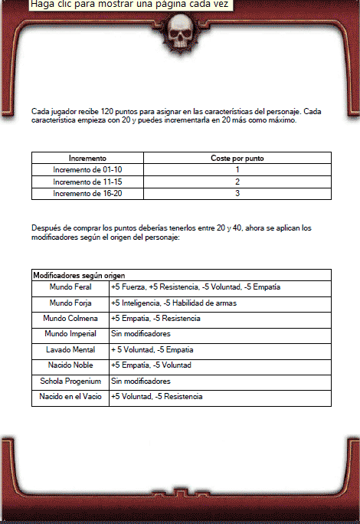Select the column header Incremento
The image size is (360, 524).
tap(87, 157)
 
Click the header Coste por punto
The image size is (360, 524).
tap(237, 157)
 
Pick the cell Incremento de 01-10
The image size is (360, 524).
tap(87, 169)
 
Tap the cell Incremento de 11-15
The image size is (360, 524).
tap(87, 182)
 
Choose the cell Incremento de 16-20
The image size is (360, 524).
tap(87, 194)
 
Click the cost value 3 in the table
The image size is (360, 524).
tap(237, 194)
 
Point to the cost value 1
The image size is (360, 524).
tap(237, 169)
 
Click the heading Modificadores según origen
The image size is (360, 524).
tap(79, 274)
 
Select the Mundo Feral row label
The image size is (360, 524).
tap(70, 287)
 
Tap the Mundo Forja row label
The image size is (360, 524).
tap(70, 303)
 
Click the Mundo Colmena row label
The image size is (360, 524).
tap(70, 318)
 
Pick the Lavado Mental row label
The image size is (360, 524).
tap(70, 349)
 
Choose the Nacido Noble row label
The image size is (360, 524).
tap(70, 365)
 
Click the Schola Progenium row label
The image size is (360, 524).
tap(70, 381)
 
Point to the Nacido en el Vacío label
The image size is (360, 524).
tap(70, 397)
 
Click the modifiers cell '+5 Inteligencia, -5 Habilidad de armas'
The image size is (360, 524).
tap(172, 303)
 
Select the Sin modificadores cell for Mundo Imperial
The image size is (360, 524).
tap(140, 334)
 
